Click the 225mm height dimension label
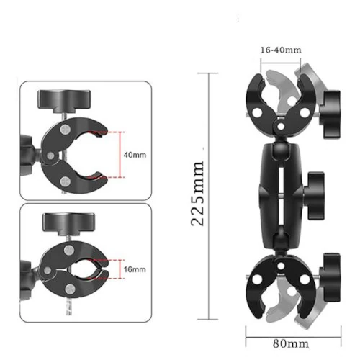point(197,194)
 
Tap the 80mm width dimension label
point(291,343)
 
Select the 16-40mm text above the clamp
point(281,50)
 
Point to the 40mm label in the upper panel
point(135,155)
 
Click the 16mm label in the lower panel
point(135,269)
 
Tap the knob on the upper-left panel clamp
point(64,101)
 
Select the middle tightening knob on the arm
point(315,196)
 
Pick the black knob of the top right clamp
point(330,114)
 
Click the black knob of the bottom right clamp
point(330,277)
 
